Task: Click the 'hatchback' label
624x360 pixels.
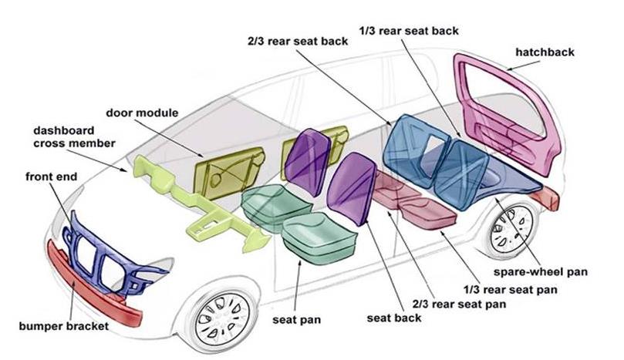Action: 545,52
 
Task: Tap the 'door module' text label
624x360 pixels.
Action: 142,113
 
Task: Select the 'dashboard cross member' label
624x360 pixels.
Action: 74,137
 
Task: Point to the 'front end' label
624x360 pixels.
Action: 52,177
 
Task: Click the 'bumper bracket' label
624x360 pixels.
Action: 64,326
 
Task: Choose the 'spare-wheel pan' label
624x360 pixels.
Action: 541,272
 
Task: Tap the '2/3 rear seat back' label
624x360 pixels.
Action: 298,42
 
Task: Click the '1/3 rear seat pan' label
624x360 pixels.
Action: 510,290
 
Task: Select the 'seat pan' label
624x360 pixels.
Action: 296,320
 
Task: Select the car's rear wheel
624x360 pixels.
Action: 511,230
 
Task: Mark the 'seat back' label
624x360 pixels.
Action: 394,318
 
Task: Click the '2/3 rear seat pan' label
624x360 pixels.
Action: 459,304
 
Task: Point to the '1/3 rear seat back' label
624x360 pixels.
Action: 409,31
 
